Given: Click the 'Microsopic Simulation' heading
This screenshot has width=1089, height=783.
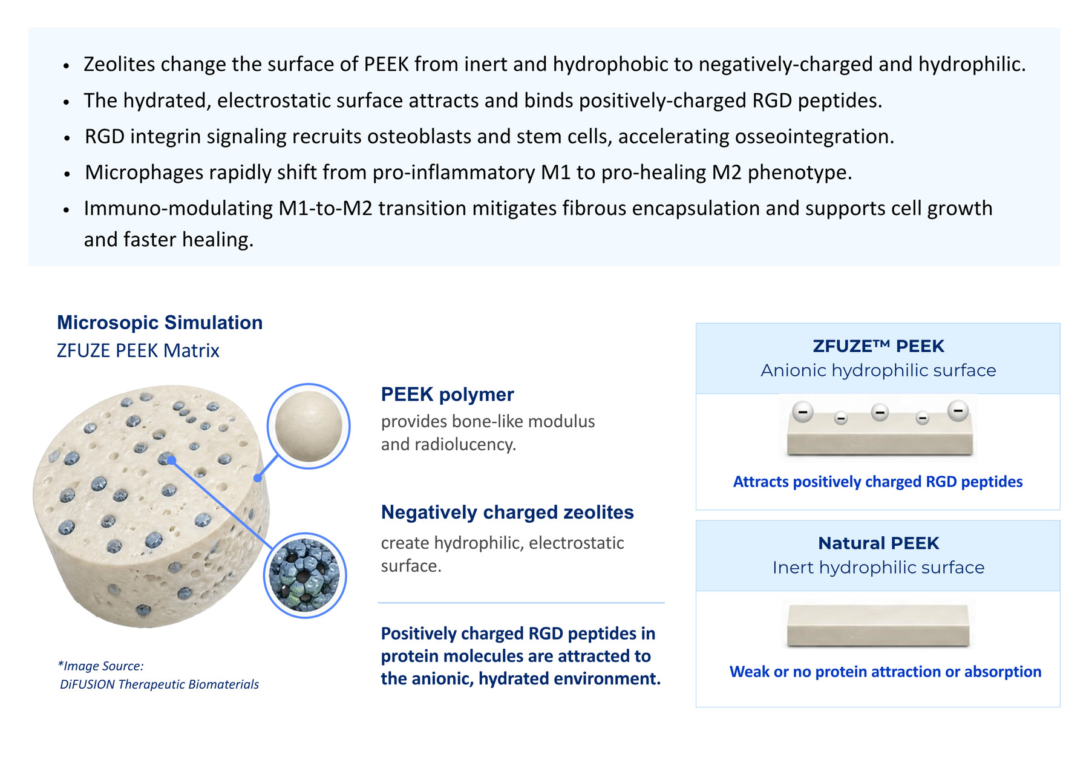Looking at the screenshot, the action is [x=160, y=323].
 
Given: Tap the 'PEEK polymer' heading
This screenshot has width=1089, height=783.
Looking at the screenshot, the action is [x=447, y=395].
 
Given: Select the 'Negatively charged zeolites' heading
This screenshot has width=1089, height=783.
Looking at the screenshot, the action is [x=507, y=513].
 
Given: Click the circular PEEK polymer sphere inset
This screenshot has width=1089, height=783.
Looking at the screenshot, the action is [x=309, y=426].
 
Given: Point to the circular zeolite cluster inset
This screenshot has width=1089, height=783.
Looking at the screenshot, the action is [x=305, y=575].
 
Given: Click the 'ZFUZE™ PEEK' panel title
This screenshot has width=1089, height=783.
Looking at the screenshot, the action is [x=878, y=346].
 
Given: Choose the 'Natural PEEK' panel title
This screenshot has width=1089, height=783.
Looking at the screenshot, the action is [x=878, y=543].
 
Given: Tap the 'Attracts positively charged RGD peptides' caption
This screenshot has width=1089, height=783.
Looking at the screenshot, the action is [x=878, y=482].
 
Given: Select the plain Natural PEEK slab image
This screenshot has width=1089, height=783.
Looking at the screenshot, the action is [x=878, y=625].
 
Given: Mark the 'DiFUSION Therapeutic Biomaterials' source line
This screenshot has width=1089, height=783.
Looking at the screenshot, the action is [x=159, y=684].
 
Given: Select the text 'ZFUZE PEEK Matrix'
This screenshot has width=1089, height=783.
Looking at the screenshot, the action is [x=138, y=350].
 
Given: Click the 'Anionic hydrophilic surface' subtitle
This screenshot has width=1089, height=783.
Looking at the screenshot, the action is [x=878, y=370].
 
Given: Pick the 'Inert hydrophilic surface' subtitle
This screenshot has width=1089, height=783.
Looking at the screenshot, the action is [x=878, y=568].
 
